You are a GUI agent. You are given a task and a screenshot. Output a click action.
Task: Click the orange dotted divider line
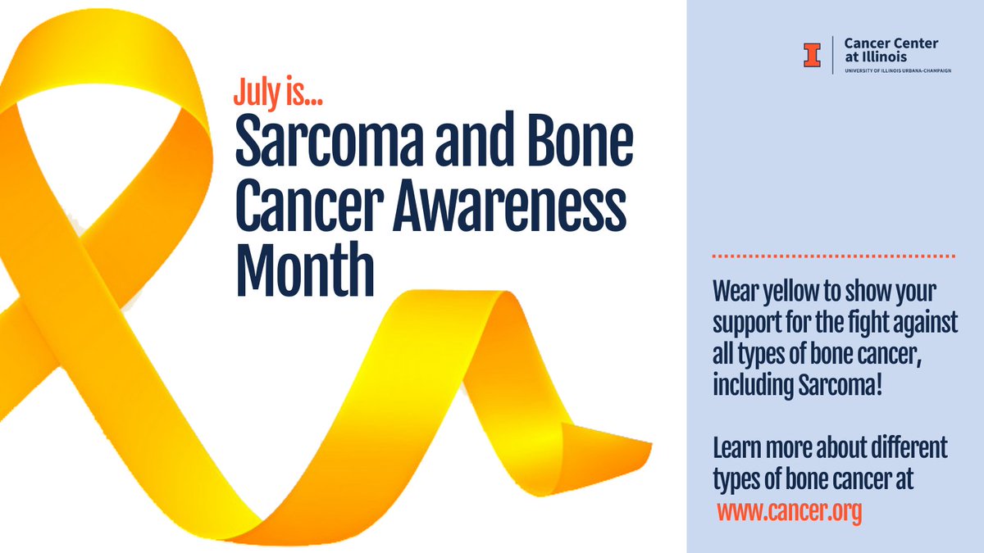coord(834,256)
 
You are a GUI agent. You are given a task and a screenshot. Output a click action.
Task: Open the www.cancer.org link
coord(790,512)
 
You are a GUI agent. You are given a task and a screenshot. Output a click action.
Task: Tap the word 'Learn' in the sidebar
coord(735,449)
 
